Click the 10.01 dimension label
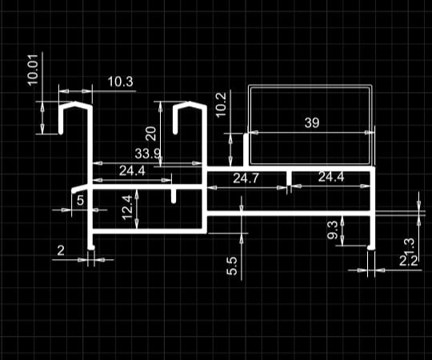pyautogui.click(x=33, y=70)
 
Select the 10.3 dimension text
pyautogui.click(x=120, y=82)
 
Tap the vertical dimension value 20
pyautogui.click(x=151, y=134)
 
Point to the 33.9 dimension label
pyautogui.click(x=147, y=153)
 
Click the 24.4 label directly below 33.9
pyautogui.click(x=132, y=171)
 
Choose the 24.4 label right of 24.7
pyautogui.click(x=331, y=177)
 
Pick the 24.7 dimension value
pyautogui.click(x=246, y=178)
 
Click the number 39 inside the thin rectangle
pyautogui.click(x=312, y=122)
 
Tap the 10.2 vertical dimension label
pyautogui.click(x=221, y=105)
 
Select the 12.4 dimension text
pyautogui.click(x=127, y=207)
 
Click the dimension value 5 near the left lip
pyautogui.click(x=80, y=200)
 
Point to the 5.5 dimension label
pyautogui.click(x=232, y=266)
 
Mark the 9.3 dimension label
pyautogui.click(x=332, y=230)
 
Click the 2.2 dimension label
pyautogui.click(x=409, y=261)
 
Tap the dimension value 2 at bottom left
pyautogui.click(x=61, y=250)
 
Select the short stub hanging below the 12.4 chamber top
pyautogui.click(x=174, y=196)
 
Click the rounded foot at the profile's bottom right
pyautogui.click(x=371, y=247)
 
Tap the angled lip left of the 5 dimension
pyautogui.click(x=80, y=189)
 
